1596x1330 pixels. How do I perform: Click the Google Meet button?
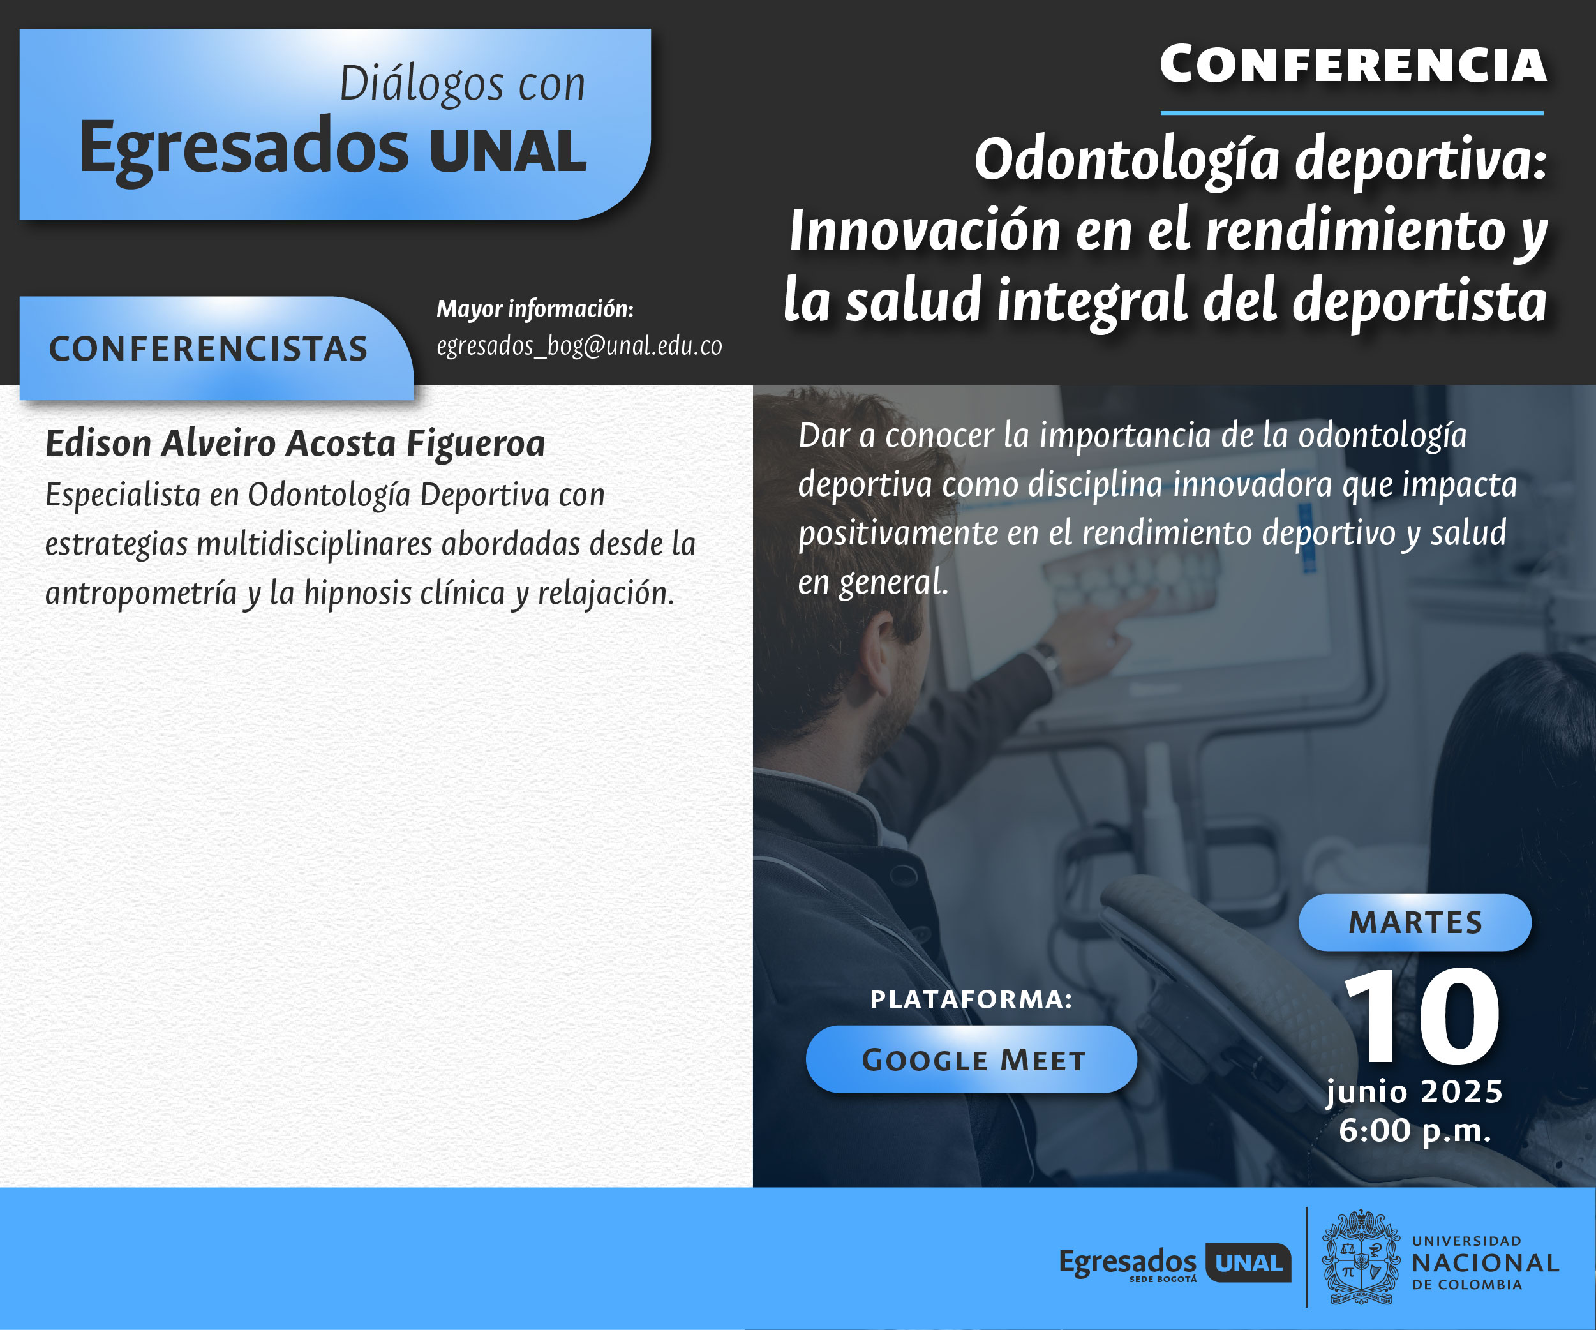tap(971, 1059)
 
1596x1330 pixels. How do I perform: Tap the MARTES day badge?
tap(1415, 922)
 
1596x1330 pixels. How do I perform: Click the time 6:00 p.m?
tap(1415, 1131)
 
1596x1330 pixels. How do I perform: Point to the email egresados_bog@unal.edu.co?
tap(579, 347)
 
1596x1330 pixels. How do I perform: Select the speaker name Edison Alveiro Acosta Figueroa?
tap(295, 443)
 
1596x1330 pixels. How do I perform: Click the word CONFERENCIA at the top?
tap(1354, 64)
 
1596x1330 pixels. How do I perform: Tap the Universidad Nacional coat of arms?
tap(1361, 1258)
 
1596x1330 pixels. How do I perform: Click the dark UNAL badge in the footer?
tap(1249, 1262)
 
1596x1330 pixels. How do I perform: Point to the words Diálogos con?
tap(462, 84)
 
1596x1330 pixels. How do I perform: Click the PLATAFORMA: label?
tap(971, 999)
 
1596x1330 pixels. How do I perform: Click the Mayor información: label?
tap(535, 308)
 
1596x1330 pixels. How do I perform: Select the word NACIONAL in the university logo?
tap(1485, 1263)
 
